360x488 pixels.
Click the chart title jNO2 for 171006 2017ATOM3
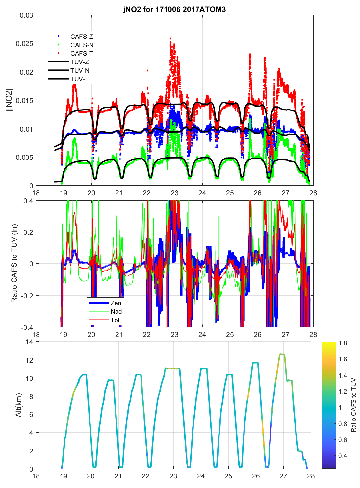tap(174, 9)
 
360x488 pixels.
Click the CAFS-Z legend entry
tap(81, 37)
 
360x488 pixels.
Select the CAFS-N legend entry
tap(82, 45)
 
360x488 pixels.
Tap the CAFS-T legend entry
tap(81, 53)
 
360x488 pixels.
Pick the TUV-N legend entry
tap(80, 70)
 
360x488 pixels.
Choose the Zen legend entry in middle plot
tap(116, 303)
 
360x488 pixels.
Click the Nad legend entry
tap(116, 311)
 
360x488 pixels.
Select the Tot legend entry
tap(115, 320)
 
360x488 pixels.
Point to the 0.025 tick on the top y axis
tap(24, 44)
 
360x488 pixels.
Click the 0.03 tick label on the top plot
tap(26, 15)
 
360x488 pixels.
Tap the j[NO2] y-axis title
tap(10, 100)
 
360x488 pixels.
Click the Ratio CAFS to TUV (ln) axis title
tap(14, 263)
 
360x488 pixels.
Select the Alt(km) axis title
tap(19, 405)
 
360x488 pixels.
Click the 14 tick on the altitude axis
tap(29, 342)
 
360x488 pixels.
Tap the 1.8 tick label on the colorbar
tap(343, 343)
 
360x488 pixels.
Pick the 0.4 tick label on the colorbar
tap(343, 456)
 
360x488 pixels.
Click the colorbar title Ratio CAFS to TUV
tap(353, 405)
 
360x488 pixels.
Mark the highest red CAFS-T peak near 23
tap(170, 38)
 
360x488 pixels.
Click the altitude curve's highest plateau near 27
tap(282, 354)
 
